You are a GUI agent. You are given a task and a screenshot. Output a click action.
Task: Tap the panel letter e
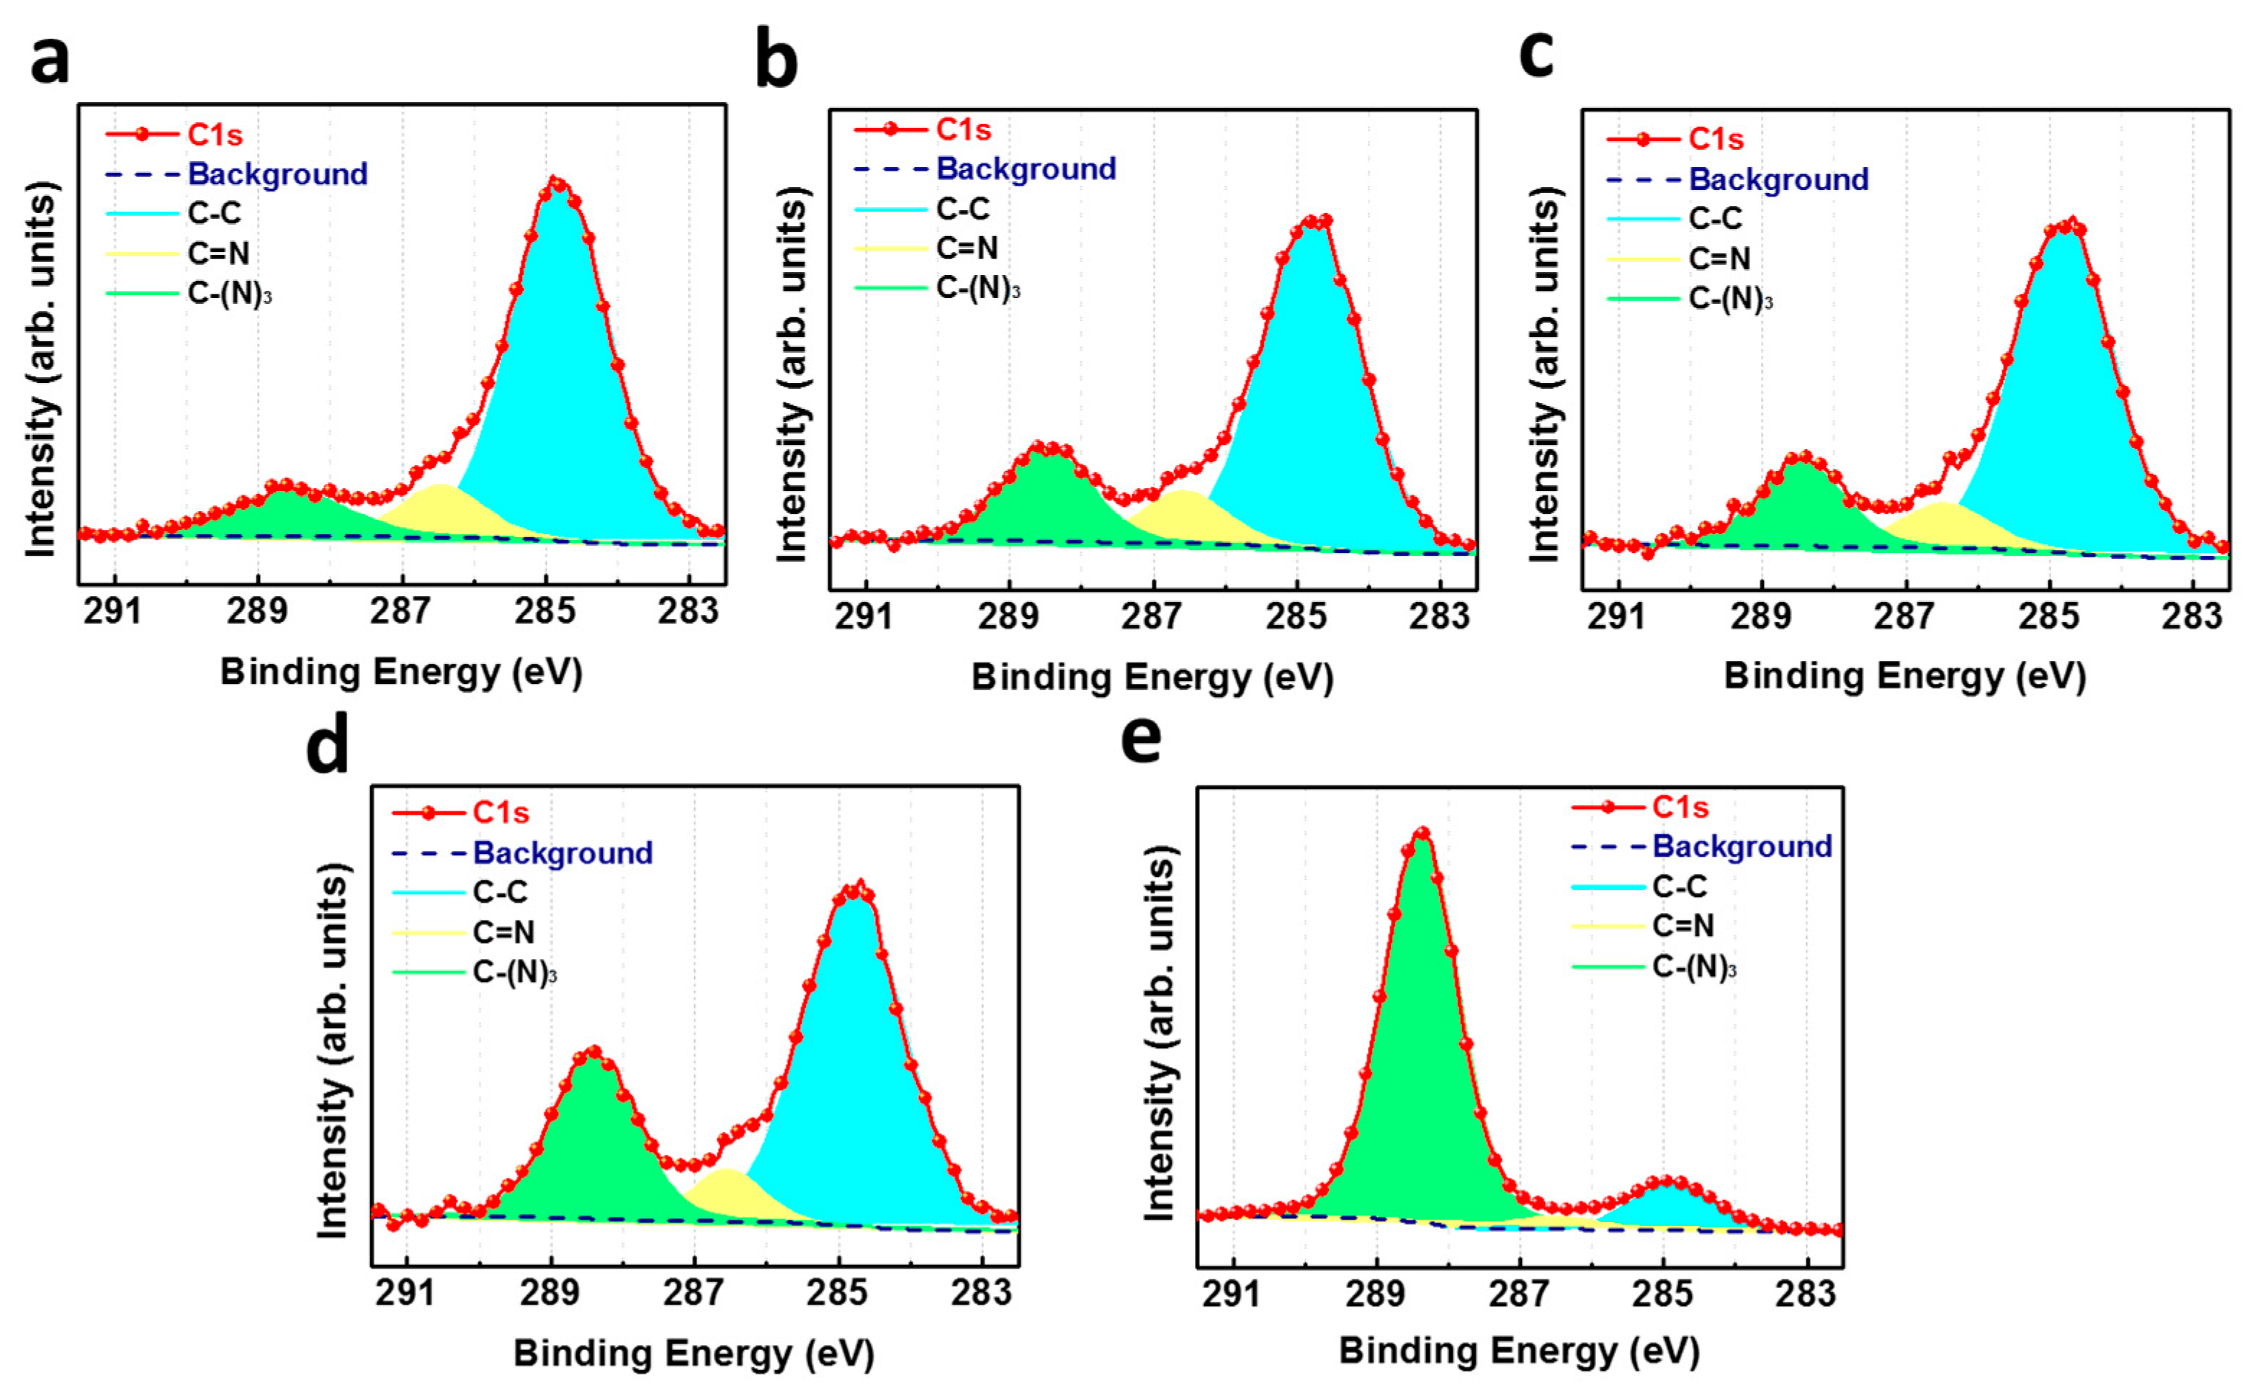(1141, 739)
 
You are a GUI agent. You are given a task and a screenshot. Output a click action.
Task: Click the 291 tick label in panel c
(1616, 616)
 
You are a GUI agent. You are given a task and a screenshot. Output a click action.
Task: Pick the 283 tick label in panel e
(1805, 1294)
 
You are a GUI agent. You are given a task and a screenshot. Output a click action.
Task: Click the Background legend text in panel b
(1026, 169)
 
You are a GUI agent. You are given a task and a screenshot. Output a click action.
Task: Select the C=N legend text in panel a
(219, 253)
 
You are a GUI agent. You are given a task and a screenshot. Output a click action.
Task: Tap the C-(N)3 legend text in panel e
(1694, 967)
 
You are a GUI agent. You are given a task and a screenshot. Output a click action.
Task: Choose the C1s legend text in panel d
(501, 813)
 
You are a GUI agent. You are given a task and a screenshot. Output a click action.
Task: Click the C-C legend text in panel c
(1716, 219)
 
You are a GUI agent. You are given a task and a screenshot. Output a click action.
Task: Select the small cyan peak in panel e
(1669, 1204)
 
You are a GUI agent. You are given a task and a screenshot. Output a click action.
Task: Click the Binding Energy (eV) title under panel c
(1904, 676)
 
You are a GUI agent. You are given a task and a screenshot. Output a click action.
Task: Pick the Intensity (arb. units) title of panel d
(333, 1050)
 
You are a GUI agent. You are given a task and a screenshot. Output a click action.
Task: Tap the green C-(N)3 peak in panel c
(1802, 498)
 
